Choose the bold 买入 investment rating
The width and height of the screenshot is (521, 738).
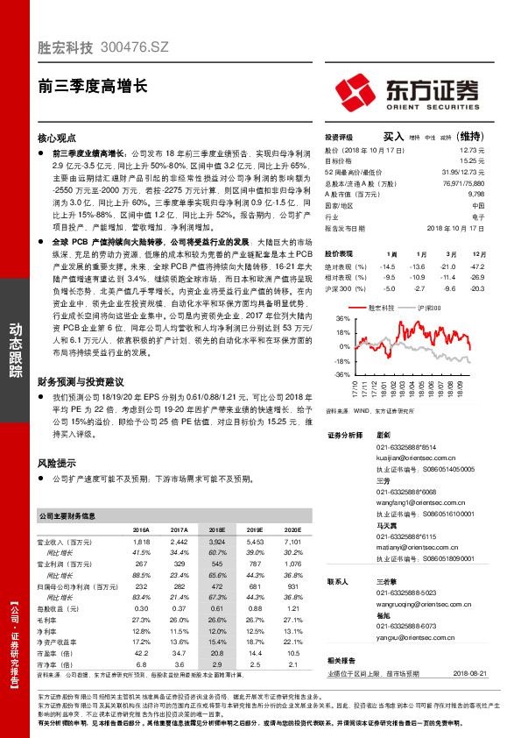(392, 137)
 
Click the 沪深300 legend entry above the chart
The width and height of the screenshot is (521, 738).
(428, 309)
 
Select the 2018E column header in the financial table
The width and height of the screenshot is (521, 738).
(216, 530)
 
